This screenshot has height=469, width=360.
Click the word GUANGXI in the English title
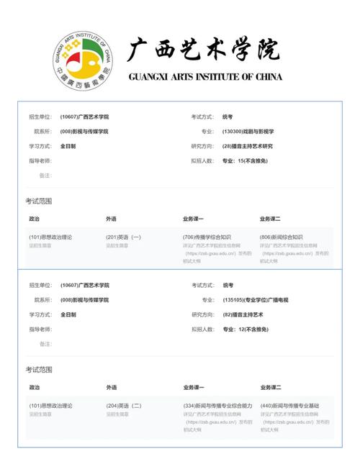(151, 77)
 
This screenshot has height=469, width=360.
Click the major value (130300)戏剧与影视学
(248, 132)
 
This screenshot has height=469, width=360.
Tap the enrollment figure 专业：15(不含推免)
(245, 160)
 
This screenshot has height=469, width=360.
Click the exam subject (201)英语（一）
(124, 237)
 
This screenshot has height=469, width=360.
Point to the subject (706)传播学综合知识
(207, 237)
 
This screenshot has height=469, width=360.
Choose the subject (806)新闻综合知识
(282, 237)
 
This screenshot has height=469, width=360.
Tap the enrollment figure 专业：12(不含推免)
(245, 329)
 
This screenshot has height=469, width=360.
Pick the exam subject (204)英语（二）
(124, 406)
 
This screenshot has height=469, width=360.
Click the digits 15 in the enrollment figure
(240, 160)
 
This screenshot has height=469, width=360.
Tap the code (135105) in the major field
(233, 300)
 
